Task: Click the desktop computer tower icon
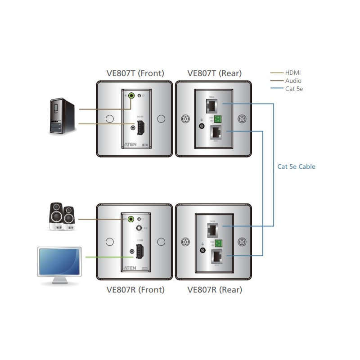pyautogui.click(x=61, y=116)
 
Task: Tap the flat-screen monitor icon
pyautogui.click(x=60, y=265)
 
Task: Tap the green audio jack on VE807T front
pyautogui.click(x=131, y=95)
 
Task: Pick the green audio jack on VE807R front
pyautogui.click(x=131, y=219)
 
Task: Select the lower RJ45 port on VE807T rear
pyautogui.click(x=216, y=132)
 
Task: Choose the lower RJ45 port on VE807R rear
pyautogui.click(x=216, y=256)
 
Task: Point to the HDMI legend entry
pyautogui.click(x=293, y=72)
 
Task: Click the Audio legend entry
pyautogui.click(x=293, y=81)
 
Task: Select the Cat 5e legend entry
pyautogui.click(x=294, y=89)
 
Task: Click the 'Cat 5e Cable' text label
pyautogui.click(x=296, y=166)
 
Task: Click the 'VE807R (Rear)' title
pyautogui.click(x=215, y=290)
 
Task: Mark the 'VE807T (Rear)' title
pyautogui.click(x=215, y=73)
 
